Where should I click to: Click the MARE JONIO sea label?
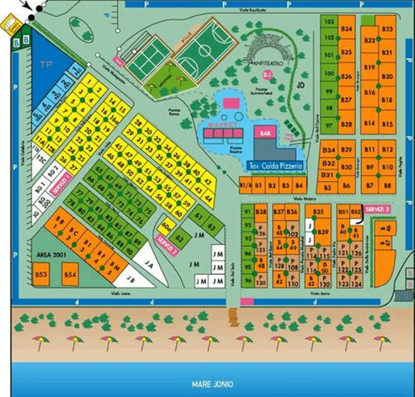[x=212, y=384]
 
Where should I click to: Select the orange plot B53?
[x=41, y=274]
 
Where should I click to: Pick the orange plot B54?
[x=70, y=274]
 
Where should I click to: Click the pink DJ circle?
[x=267, y=74]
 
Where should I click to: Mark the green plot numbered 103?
[x=329, y=22]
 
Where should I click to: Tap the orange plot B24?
[x=347, y=29]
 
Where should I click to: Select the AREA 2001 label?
[x=50, y=255]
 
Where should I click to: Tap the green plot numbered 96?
[x=248, y=281]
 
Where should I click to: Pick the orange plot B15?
[x=388, y=124]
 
